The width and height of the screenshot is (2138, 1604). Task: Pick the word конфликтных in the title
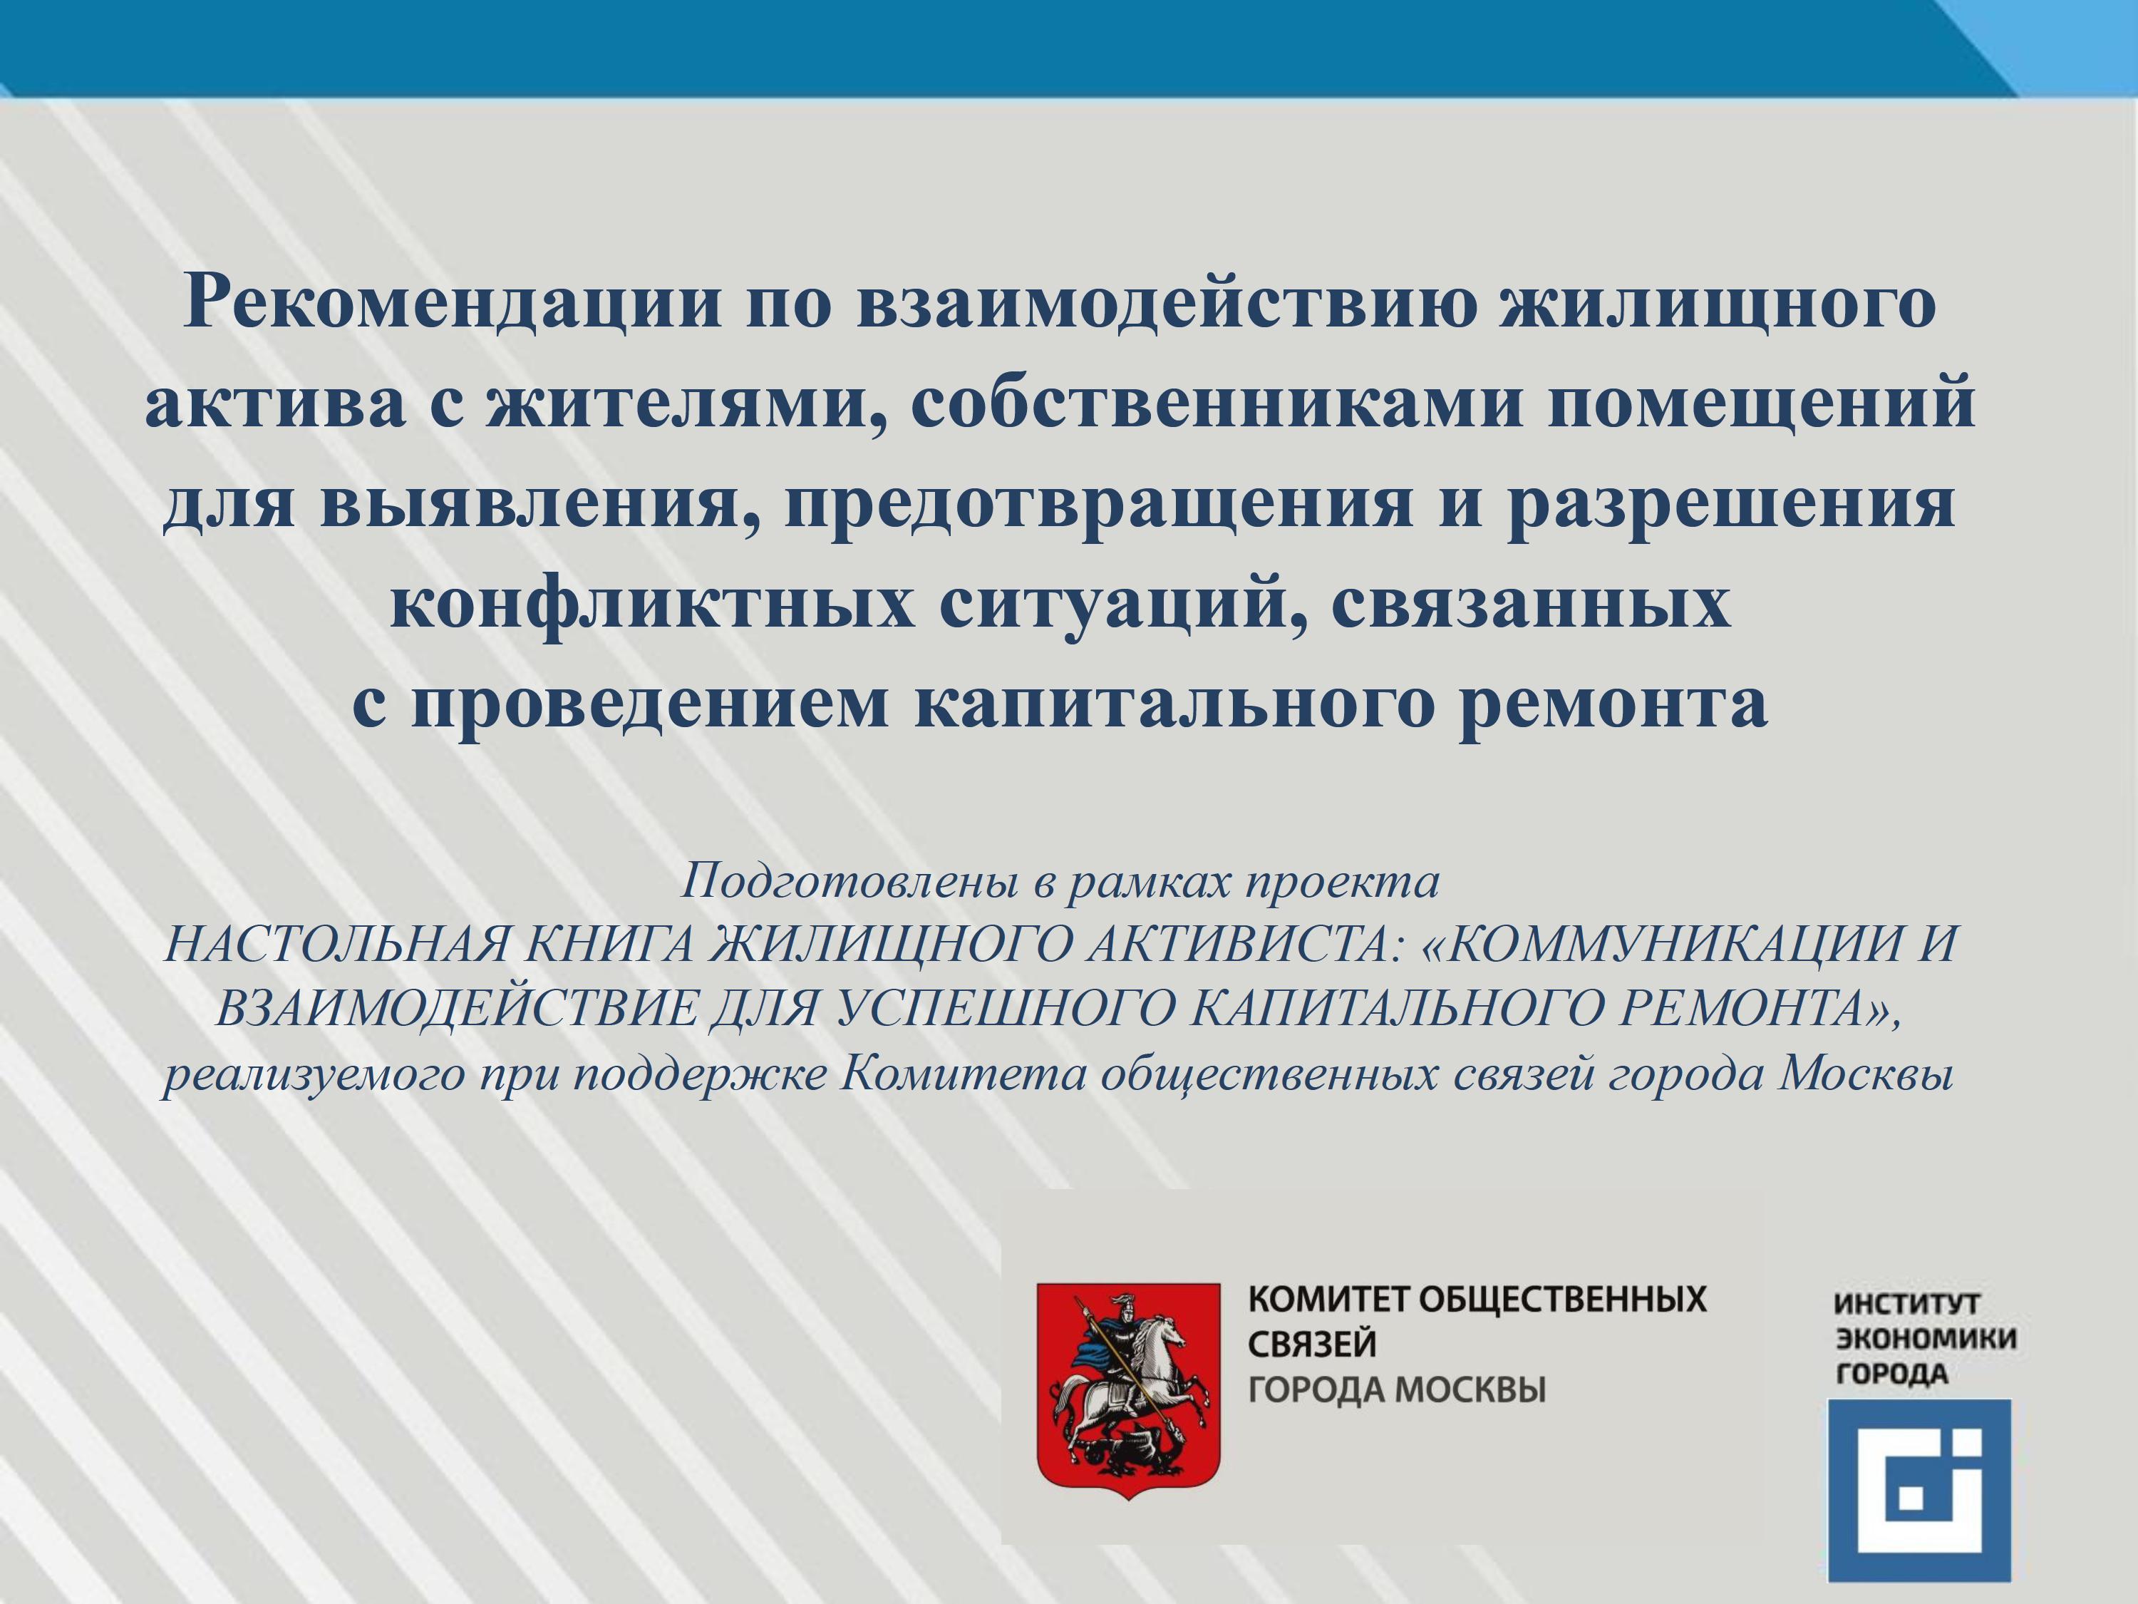[652, 605]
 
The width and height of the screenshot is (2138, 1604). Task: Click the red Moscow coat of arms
[1128, 1389]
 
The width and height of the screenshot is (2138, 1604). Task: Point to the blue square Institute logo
[1919, 1490]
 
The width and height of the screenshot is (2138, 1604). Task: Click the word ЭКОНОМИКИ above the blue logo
[1926, 1338]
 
